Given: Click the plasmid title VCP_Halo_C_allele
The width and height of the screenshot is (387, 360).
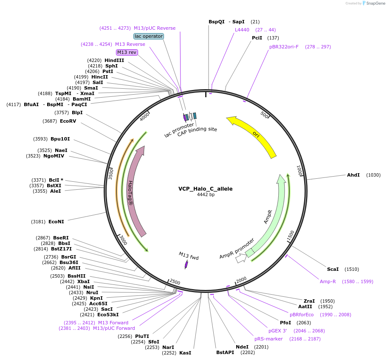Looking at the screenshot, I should coord(205,189).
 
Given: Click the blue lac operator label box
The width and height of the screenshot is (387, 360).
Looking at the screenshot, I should coord(149,36).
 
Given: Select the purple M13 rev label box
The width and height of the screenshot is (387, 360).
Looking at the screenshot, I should coord(127,52).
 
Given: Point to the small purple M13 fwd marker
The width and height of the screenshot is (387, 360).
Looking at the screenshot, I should coord(186,264).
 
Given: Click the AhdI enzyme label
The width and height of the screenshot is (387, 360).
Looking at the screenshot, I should coord(353,175).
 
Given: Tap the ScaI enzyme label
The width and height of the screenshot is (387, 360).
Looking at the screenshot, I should coord(333,269).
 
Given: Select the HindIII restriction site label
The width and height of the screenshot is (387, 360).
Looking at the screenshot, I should coord(114,60).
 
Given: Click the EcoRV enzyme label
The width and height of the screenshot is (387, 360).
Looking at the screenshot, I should coord(68,121).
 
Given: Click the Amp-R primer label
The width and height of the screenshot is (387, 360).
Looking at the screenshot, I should coord(328,281).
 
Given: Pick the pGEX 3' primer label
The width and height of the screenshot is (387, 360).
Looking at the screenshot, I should coord(277,331).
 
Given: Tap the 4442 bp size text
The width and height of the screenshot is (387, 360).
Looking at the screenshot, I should coord(206,195).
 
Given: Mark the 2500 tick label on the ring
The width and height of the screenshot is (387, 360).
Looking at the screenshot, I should coord(175,281).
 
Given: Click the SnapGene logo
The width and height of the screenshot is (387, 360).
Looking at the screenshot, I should coord(373,3).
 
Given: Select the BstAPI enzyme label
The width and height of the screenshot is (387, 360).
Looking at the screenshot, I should coord(225,352).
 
